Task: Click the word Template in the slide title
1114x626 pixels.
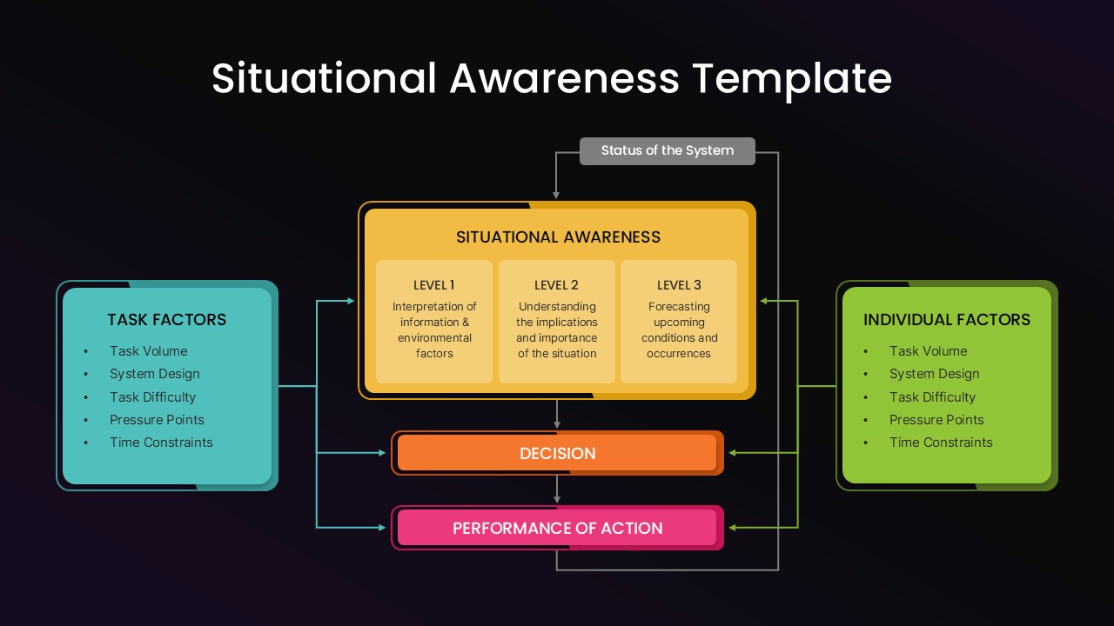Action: [x=792, y=78]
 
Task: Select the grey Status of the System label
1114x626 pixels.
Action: [x=667, y=150]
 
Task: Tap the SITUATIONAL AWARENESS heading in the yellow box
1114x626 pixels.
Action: [x=558, y=236]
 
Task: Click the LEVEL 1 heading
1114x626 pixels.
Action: [x=433, y=285]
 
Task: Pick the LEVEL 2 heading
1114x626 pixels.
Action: [x=556, y=285]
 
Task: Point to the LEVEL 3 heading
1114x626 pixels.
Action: [x=679, y=285]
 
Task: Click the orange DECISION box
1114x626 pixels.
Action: [x=557, y=453]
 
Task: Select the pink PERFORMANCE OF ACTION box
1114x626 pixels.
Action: [x=557, y=528]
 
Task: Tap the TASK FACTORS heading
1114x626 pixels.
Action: [x=166, y=320]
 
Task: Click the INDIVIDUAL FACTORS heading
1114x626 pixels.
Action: [x=946, y=320]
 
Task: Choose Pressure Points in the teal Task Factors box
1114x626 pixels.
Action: [x=157, y=420]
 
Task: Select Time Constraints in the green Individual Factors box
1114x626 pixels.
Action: [x=941, y=443]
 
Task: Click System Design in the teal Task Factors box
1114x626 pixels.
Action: [x=154, y=374]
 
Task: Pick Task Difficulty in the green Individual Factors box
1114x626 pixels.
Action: [x=932, y=397]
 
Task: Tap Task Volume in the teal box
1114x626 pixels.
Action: [x=148, y=351]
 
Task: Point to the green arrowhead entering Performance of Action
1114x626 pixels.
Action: [x=734, y=528]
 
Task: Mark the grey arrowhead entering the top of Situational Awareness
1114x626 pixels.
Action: [x=557, y=193]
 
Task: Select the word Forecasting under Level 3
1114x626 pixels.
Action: [x=679, y=307]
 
